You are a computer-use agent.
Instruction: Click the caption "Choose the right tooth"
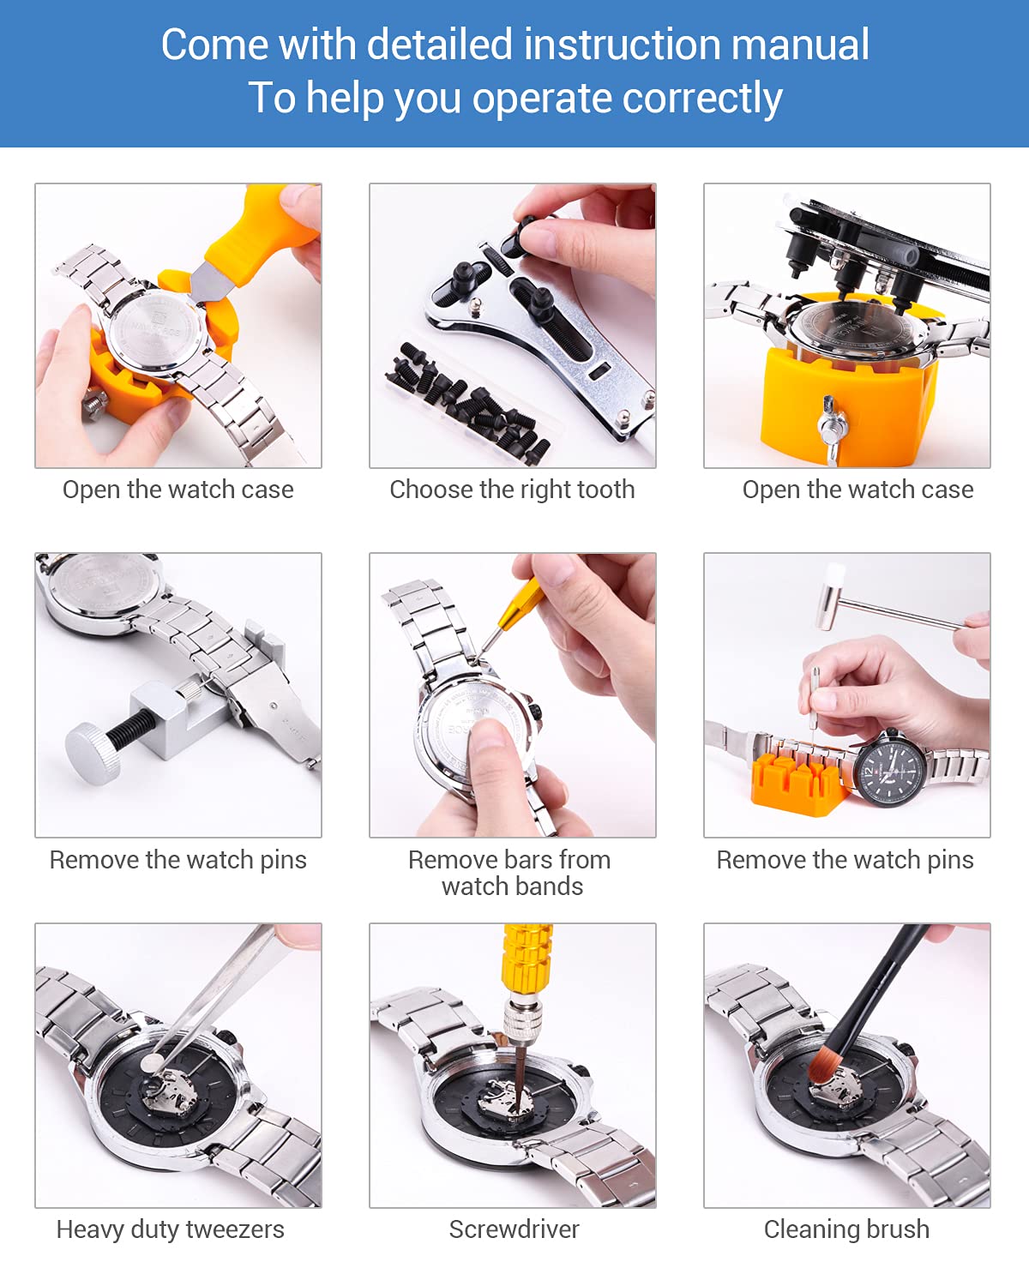pyautogui.click(x=512, y=490)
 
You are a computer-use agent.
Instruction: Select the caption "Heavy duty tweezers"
pyautogui.click(x=170, y=1229)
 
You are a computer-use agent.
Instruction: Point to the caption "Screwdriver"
pyautogui.click(x=514, y=1229)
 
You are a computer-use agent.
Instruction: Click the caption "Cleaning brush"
pyautogui.click(x=846, y=1229)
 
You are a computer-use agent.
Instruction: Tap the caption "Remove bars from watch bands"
pyautogui.click(x=512, y=873)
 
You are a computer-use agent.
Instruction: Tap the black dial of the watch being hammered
pyautogui.click(x=892, y=767)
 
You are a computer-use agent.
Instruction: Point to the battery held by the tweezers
pyautogui.click(x=153, y=1064)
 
